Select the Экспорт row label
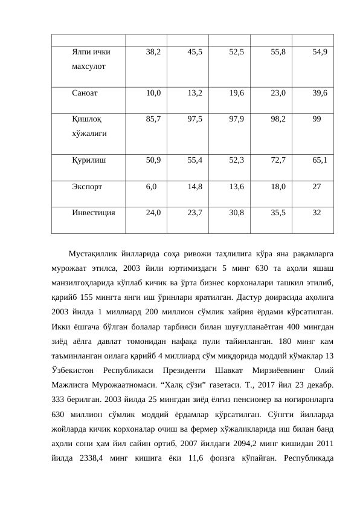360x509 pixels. pos(86,187)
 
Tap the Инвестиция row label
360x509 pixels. pos(94,213)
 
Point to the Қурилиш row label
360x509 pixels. pos(88,160)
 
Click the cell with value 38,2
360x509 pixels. pos(153,53)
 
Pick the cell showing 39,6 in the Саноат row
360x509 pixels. pos(320,94)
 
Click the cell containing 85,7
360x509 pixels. pos(153,120)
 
